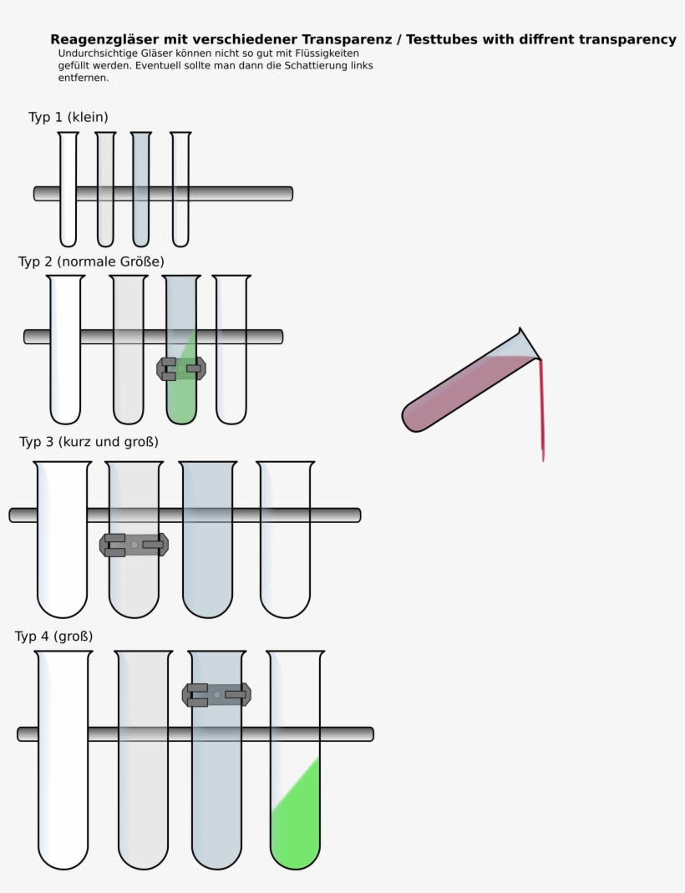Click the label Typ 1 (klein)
coord(68,117)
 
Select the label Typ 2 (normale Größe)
coord(91,261)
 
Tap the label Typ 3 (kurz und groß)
coord(89,441)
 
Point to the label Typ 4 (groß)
coord(53,637)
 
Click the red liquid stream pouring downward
coord(541,409)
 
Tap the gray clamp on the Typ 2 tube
coord(181,368)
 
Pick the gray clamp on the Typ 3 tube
coord(134,545)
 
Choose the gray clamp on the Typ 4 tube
coord(216,694)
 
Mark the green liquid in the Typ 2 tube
coord(181,397)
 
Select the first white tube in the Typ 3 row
coord(62,568)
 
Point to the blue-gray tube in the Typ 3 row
coord(208,568)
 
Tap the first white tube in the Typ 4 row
coord(63,794)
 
